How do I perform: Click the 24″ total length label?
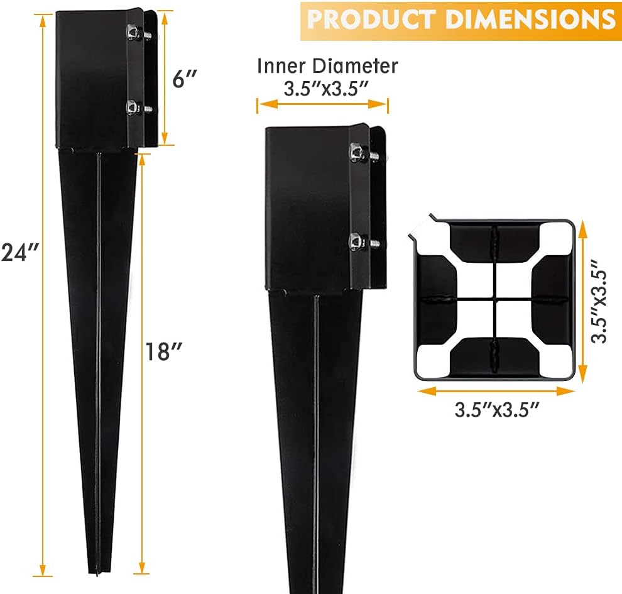(21, 252)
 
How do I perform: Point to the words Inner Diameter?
(327, 66)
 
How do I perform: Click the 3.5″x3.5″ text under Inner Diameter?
(324, 88)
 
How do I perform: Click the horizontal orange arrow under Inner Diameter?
(322, 105)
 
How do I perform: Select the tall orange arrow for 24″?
(43, 295)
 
